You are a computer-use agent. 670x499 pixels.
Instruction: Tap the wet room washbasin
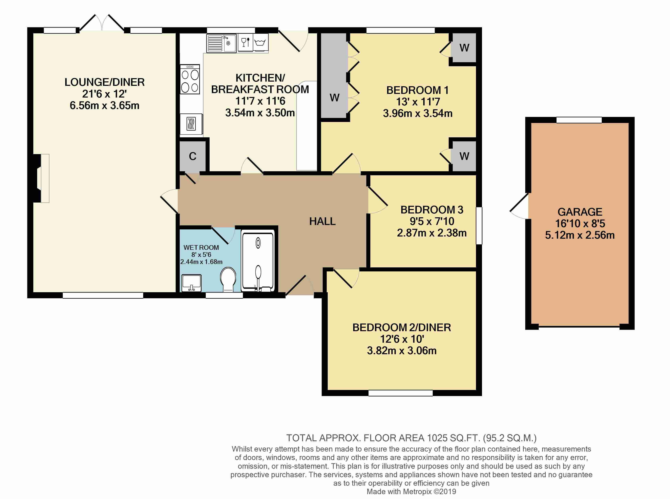click(191, 283)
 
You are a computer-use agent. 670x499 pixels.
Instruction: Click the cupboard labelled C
click(192, 156)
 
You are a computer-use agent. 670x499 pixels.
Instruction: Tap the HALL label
click(322, 221)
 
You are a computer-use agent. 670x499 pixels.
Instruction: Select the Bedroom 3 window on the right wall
click(479, 225)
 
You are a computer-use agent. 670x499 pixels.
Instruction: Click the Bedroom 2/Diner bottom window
click(400, 393)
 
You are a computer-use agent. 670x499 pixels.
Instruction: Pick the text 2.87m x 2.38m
click(432, 233)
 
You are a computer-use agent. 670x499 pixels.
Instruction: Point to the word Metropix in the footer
click(417, 492)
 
